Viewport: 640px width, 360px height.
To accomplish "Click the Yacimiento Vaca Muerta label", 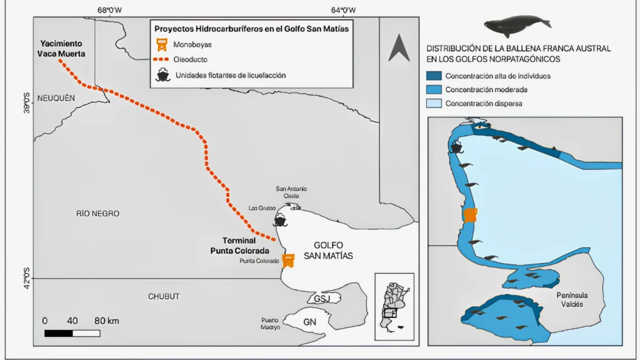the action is pyautogui.click(x=61, y=49).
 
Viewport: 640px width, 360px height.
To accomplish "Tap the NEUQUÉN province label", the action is pyautogui.click(x=56, y=98).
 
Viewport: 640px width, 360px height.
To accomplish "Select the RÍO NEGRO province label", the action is pyautogui.click(x=97, y=214).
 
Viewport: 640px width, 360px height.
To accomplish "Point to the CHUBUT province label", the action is pyautogui.click(x=164, y=296).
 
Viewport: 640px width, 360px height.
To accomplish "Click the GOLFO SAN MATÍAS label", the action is pyautogui.click(x=328, y=251).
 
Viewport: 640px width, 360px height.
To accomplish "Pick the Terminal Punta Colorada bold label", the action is pyautogui.click(x=239, y=246).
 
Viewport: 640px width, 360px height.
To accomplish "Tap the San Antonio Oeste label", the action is pyautogui.click(x=291, y=192).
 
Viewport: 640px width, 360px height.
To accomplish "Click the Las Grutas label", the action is pyautogui.click(x=262, y=208).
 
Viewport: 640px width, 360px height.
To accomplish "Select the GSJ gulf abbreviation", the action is pyautogui.click(x=322, y=299).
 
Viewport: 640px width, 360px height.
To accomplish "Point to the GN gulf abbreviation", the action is pyautogui.click(x=309, y=322).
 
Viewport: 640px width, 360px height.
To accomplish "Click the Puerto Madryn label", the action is pyautogui.click(x=271, y=324).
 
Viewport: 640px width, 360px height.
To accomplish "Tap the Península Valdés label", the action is pyautogui.click(x=572, y=299).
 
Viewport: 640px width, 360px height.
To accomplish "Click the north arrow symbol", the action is pyautogui.click(x=399, y=47).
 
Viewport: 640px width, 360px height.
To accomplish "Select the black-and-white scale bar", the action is pyautogui.click(x=72, y=334).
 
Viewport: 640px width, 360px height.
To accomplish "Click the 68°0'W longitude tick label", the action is pyautogui.click(x=109, y=10).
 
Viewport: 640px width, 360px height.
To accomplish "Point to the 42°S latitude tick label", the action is pyautogui.click(x=26, y=278).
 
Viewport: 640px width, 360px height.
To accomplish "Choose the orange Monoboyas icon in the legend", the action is pyautogui.click(x=162, y=44).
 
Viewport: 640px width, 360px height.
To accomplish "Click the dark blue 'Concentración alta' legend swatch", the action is pyautogui.click(x=434, y=76).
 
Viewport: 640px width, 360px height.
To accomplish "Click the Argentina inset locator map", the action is pyautogui.click(x=394, y=306).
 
